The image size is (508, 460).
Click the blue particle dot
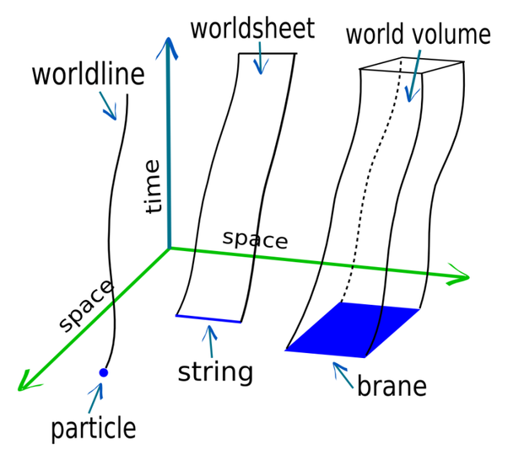[104, 372]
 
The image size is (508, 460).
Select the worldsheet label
[252, 28]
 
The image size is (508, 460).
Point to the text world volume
[418, 35]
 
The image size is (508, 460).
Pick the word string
[215, 371]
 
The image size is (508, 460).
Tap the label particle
[94, 428]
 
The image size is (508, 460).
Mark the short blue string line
[208, 318]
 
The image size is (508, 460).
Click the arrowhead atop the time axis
[170, 46]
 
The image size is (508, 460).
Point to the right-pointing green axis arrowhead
[460, 275]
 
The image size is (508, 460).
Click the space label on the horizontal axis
[255, 239]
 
